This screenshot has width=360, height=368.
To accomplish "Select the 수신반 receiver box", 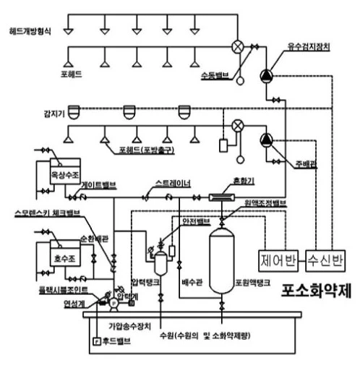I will [x=326, y=257].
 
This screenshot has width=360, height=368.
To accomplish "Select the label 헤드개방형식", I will [x=31, y=33].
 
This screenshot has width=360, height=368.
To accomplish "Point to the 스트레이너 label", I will [x=173, y=184].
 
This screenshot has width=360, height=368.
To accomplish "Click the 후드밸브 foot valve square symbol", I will [x=97, y=340].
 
